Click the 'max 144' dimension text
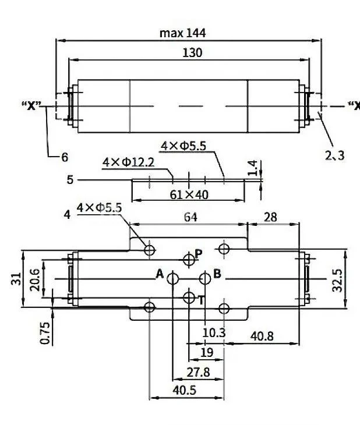(183, 33)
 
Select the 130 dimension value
(192, 53)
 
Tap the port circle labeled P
(188, 258)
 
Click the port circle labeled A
(172, 279)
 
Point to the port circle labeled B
(204, 279)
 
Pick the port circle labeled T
(188, 298)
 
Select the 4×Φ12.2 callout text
(128, 162)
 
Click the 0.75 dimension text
(45, 332)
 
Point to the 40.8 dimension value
(262, 336)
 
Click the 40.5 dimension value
(187, 391)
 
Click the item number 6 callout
(65, 157)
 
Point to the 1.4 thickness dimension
(252, 169)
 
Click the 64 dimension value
(190, 217)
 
